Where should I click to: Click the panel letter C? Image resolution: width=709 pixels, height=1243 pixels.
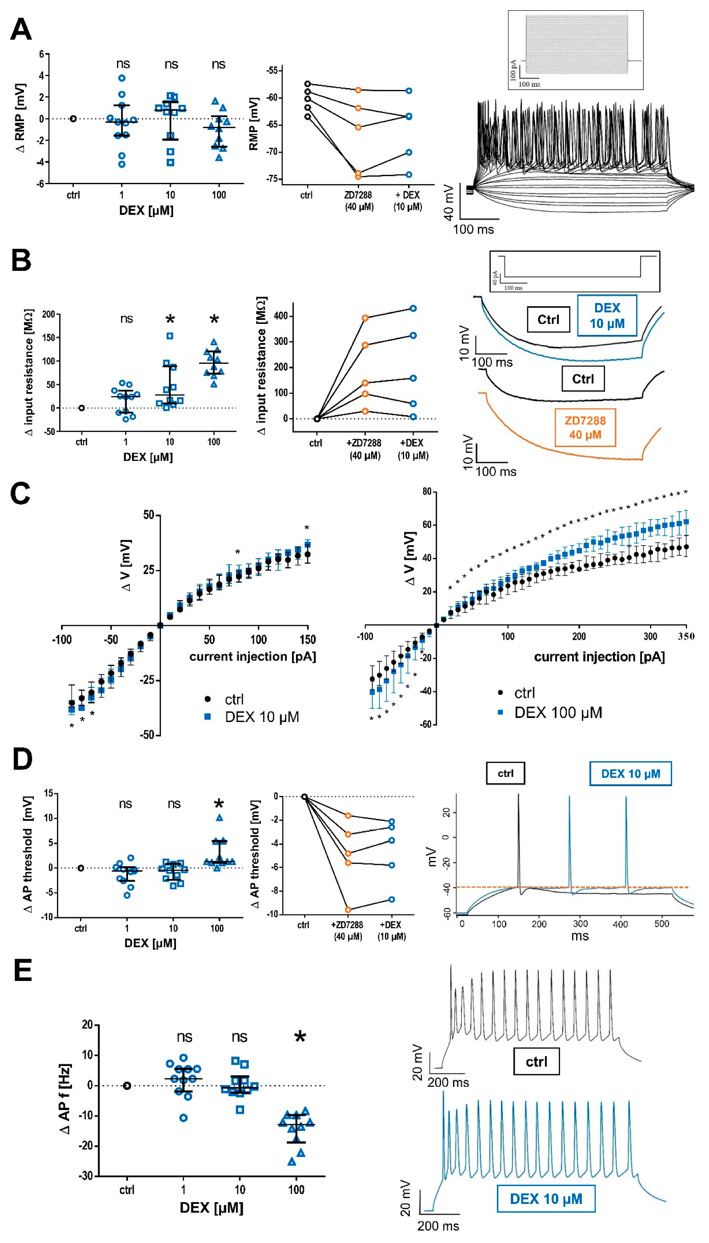(x=20, y=493)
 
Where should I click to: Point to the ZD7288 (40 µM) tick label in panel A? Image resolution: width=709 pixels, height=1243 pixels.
(x=359, y=200)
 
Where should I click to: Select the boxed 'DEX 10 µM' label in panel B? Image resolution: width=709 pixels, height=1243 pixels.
(x=607, y=315)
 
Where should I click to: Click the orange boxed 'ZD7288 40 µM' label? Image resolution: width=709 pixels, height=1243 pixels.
(x=585, y=428)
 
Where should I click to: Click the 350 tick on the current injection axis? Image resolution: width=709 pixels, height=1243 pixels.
(x=685, y=636)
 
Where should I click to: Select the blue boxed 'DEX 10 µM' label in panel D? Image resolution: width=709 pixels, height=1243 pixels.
(x=630, y=773)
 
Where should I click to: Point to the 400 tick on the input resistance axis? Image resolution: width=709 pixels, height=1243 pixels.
(x=281, y=316)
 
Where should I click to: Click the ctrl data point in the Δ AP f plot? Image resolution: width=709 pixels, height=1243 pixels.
(x=127, y=1086)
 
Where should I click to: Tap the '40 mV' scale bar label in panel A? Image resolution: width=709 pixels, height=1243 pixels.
(x=449, y=202)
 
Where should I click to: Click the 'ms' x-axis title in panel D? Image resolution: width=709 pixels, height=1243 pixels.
(x=580, y=936)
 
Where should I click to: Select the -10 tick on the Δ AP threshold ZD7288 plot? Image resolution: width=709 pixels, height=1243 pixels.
(x=272, y=914)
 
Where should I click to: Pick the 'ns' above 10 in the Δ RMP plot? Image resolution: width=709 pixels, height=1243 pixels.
(x=171, y=65)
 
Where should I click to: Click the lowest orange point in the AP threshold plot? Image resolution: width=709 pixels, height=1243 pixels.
(x=348, y=909)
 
